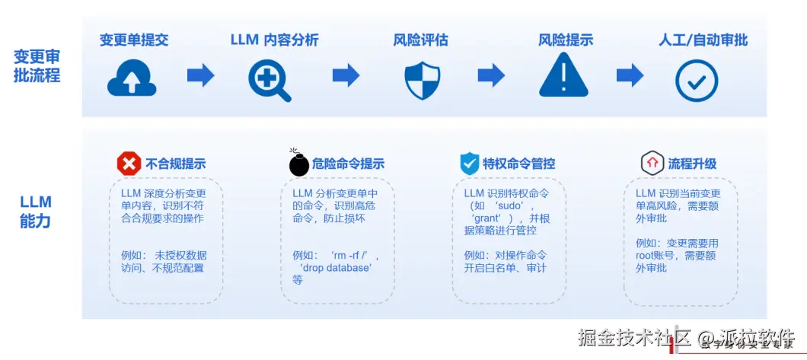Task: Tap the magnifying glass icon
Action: tap(270, 78)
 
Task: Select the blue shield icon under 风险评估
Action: tap(423, 79)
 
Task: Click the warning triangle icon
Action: tap(563, 75)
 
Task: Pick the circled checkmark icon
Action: tap(697, 80)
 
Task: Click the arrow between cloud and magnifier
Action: tap(200, 75)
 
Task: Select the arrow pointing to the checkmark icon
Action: tap(630, 75)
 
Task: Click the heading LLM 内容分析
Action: tap(274, 40)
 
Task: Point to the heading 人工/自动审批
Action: tap(703, 40)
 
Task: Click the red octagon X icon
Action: tap(129, 163)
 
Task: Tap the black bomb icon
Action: tap(299, 163)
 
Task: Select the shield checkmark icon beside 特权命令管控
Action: tap(469, 163)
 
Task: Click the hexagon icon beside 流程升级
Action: tap(652, 163)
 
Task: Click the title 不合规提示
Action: tap(175, 164)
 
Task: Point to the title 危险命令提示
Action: tap(349, 164)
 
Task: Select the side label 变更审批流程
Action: tap(37, 66)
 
